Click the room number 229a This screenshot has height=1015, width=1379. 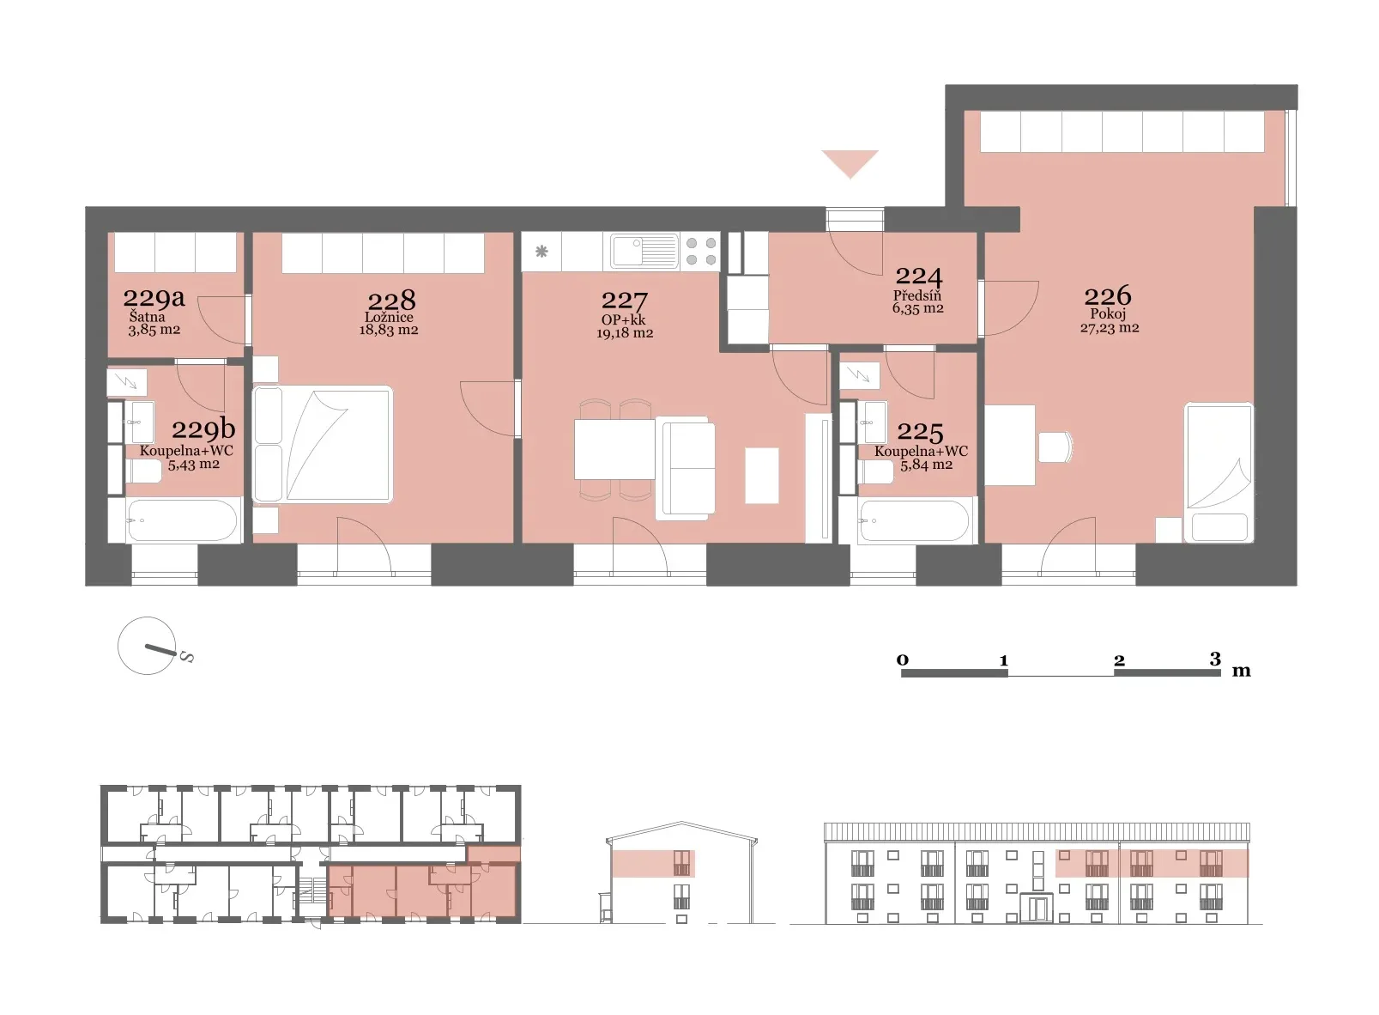pyautogui.click(x=154, y=298)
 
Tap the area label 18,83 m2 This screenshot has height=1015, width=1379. pyautogui.click(x=389, y=330)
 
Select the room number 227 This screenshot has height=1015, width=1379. pyautogui.click(x=624, y=301)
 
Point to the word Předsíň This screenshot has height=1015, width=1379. pyautogui.click(x=917, y=295)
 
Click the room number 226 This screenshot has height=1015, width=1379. pyautogui.click(x=1108, y=296)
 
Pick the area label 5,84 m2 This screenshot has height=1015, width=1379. pyautogui.click(x=927, y=465)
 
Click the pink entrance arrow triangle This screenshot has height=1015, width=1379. pyautogui.click(x=850, y=164)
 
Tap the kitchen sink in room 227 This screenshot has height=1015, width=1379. pyautogui.click(x=644, y=252)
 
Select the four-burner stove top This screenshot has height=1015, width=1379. pyautogui.click(x=700, y=252)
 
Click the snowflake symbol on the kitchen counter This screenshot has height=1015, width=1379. pyautogui.click(x=541, y=252)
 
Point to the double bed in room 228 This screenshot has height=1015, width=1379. pyautogui.click(x=323, y=444)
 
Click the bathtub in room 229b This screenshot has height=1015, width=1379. pyautogui.click(x=182, y=520)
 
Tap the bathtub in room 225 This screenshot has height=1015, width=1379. pyautogui.click(x=915, y=520)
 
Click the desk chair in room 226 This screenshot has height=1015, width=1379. pyautogui.click(x=1055, y=447)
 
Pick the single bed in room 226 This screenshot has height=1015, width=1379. pyautogui.click(x=1219, y=472)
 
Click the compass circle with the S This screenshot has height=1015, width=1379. pyautogui.click(x=147, y=646)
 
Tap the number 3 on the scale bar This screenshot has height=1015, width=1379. pyautogui.click(x=1214, y=659)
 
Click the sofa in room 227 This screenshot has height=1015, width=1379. pyautogui.click(x=685, y=468)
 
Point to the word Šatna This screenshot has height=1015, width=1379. pyautogui.click(x=147, y=317)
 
